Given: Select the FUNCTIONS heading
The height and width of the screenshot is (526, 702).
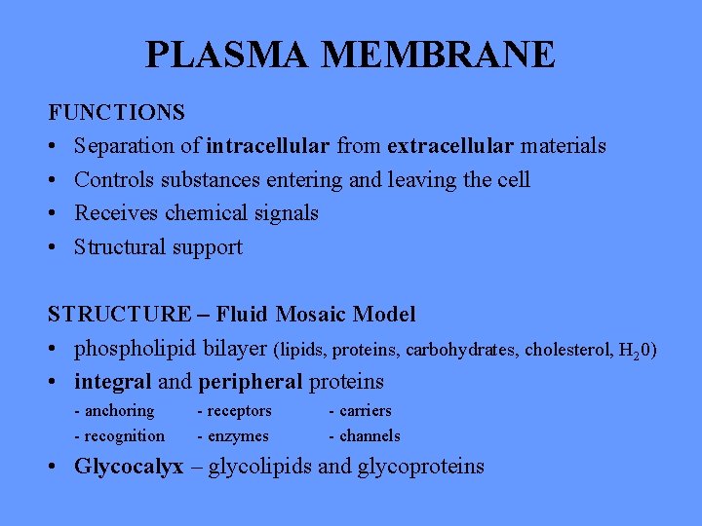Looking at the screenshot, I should [117, 112].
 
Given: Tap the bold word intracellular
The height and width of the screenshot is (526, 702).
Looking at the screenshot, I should [268, 146].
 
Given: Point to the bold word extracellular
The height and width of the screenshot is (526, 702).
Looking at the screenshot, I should [450, 146].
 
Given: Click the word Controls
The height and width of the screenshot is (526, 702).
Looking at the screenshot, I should [112, 180].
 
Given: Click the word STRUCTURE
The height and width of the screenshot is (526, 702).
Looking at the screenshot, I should [121, 315].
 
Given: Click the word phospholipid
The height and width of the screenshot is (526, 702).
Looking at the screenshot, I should [136, 349].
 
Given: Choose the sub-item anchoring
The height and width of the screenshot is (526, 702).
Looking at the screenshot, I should [119, 411].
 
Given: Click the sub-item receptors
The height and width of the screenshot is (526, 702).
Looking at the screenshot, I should [238, 411].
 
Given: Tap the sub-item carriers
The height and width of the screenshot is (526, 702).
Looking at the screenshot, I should [363, 411].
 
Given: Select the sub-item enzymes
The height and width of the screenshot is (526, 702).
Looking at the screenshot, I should [237, 436].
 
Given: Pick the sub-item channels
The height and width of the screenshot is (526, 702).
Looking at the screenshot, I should [368, 436].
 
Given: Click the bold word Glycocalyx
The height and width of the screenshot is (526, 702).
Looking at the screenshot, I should [129, 467].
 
